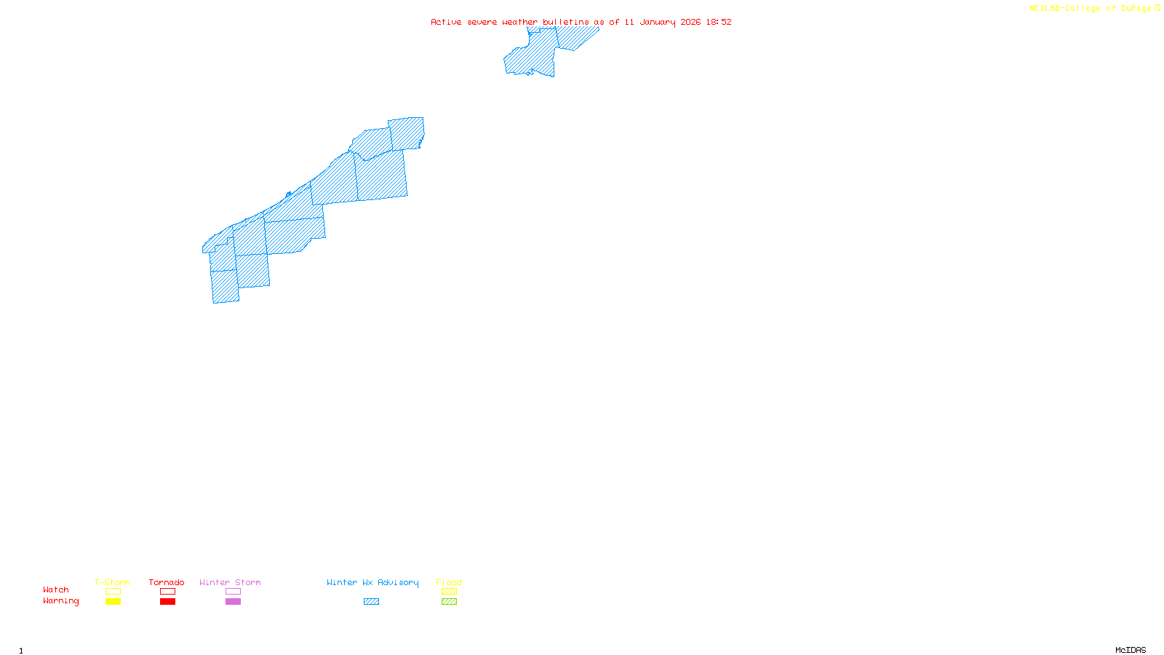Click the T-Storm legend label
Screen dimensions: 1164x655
(112, 582)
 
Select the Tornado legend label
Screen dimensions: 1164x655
(167, 582)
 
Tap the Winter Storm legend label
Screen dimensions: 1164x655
(230, 582)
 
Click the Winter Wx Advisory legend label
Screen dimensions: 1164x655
(372, 582)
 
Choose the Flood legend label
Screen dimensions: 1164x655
(449, 582)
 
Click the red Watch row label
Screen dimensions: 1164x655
(56, 589)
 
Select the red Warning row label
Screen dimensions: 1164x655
(60, 601)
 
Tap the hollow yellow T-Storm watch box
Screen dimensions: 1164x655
(113, 592)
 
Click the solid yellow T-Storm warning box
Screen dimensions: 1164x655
(113, 602)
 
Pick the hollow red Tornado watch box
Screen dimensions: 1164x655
(167, 592)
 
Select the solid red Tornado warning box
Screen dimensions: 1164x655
(167, 602)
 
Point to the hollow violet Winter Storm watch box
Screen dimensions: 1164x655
(233, 592)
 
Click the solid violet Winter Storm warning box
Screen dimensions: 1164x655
(233, 602)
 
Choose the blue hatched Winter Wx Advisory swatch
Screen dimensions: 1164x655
(371, 602)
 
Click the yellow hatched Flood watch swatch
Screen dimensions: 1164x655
(449, 592)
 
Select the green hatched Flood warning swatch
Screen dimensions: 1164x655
(449, 602)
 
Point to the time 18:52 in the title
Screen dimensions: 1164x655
(718, 22)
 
